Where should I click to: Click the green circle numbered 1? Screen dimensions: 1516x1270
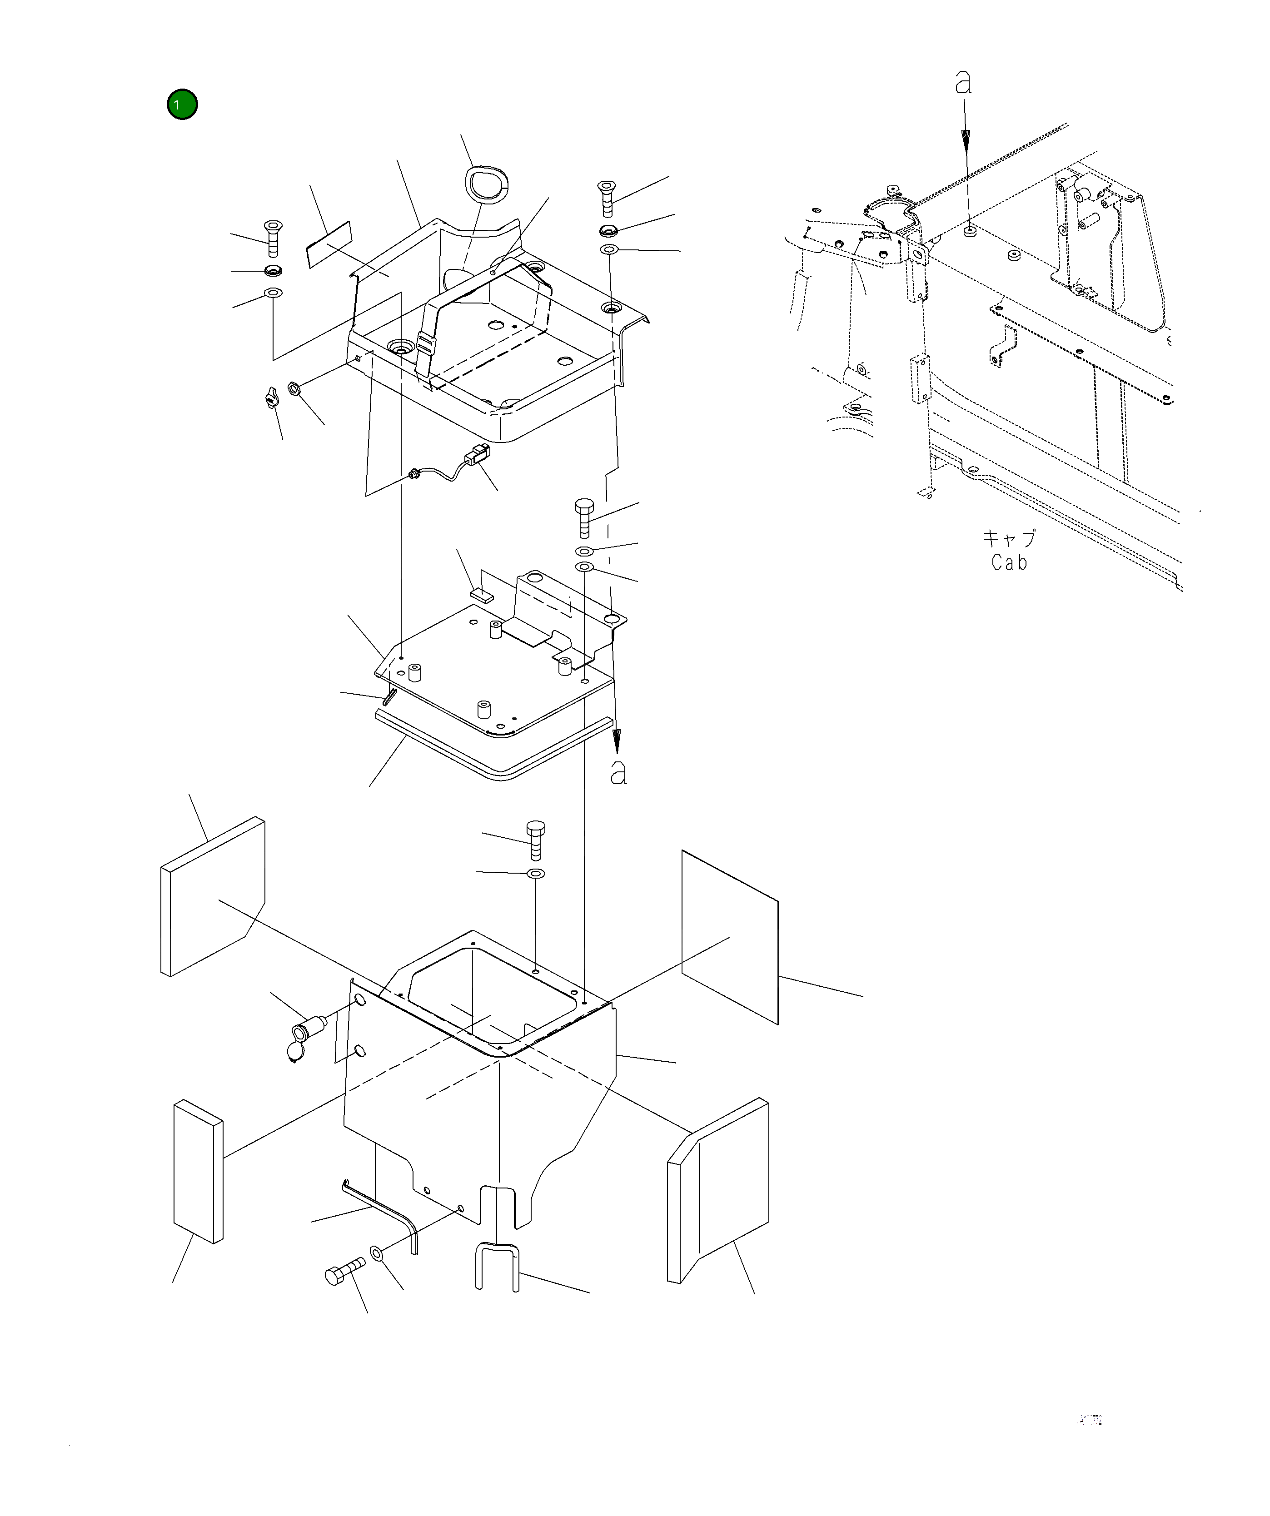pyautogui.click(x=182, y=104)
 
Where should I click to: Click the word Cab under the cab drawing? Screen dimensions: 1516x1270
pyautogui.click(x=1009, y=562)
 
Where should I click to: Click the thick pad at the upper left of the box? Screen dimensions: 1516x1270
pyautogui.click(x=212, y=897)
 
